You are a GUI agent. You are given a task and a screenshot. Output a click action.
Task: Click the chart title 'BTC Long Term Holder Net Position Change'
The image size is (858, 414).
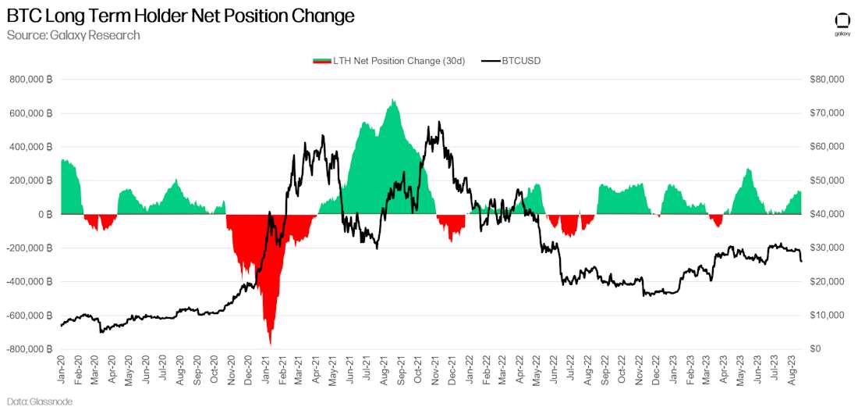(180, 16)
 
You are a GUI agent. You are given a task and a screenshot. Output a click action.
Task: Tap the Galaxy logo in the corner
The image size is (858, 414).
(842, 23)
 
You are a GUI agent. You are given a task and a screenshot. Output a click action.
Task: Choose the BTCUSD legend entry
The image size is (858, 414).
(512, 61)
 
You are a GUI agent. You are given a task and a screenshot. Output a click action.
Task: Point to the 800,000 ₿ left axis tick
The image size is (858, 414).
(31, 80)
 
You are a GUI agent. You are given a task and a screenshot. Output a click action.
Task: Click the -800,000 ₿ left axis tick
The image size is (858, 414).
(30, 349)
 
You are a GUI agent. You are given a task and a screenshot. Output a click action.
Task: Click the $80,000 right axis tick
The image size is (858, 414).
(827, 80)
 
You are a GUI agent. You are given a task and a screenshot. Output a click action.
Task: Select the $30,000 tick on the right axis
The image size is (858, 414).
(827, 248)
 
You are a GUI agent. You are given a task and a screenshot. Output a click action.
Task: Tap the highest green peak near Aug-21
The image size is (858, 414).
(393, 100)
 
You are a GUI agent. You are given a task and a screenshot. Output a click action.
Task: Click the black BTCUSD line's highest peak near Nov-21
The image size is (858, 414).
(439, 122)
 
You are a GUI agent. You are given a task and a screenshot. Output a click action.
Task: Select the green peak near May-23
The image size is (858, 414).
(747, 169)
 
